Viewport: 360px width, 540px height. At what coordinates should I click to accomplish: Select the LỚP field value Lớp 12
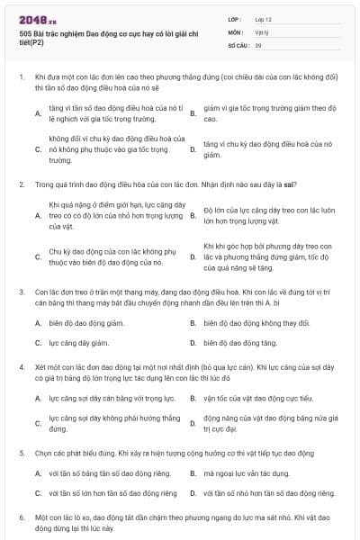262,18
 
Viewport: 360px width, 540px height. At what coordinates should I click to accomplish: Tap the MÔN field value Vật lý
260,31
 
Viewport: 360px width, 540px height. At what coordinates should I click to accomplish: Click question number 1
21,77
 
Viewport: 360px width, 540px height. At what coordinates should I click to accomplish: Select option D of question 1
193,149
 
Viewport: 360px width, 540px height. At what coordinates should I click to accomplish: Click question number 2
21,184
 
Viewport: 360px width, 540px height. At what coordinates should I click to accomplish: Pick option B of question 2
193,215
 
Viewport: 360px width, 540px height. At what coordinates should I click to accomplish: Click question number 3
21,292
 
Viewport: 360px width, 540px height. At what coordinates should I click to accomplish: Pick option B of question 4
193,397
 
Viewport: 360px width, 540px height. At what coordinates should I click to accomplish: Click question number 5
21,453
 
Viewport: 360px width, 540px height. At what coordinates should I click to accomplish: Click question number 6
21,517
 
